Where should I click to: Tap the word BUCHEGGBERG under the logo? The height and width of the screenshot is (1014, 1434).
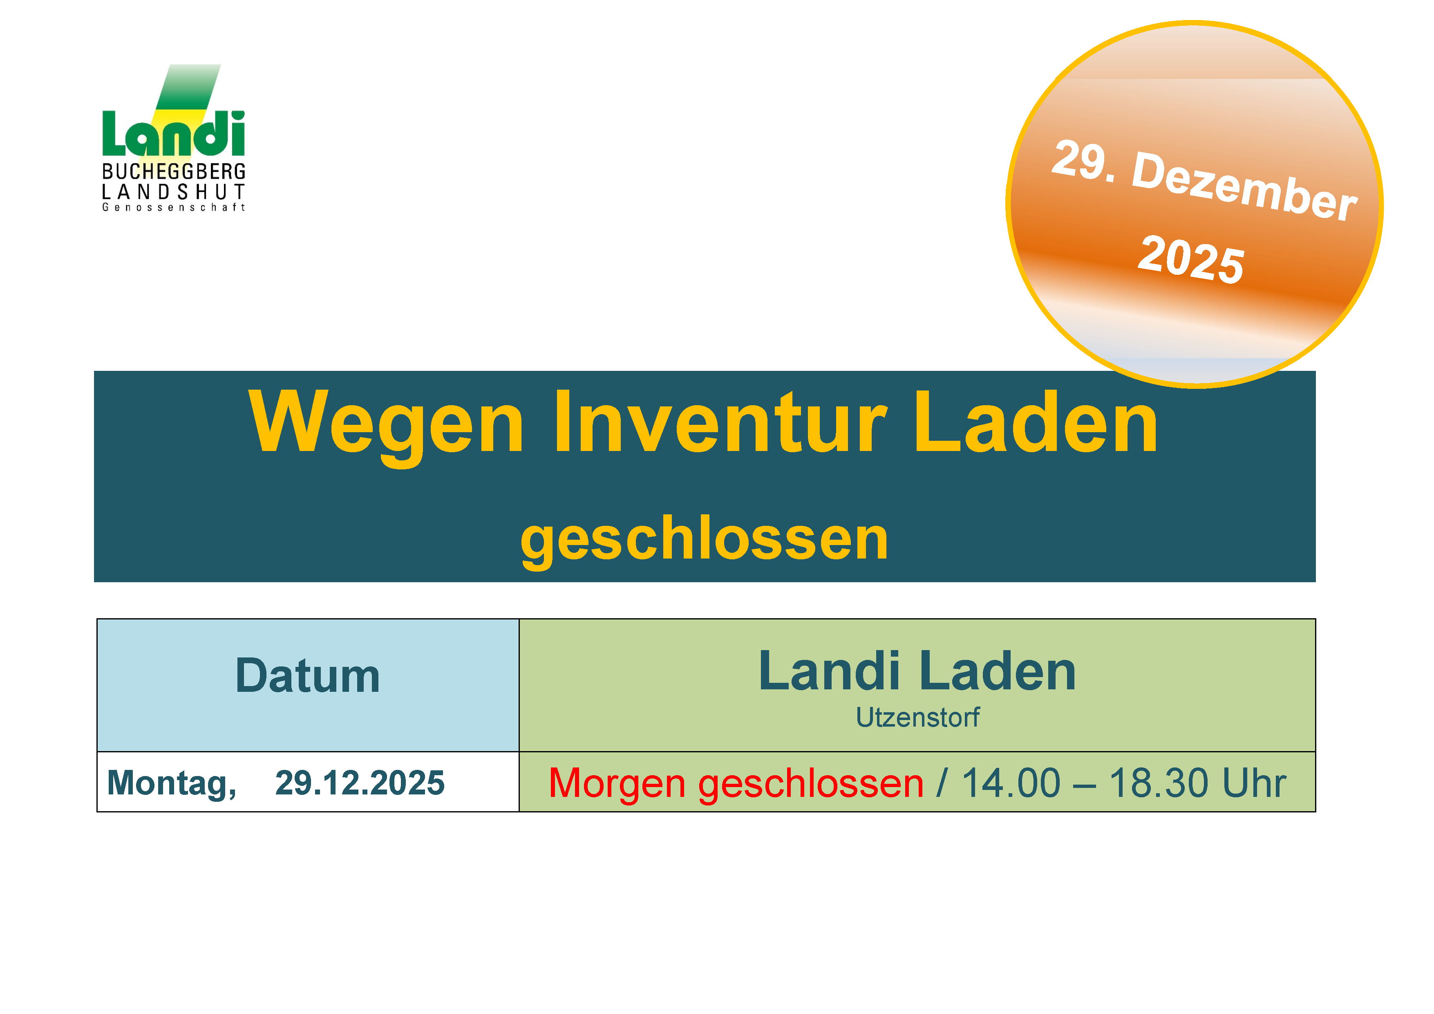coord(174,172)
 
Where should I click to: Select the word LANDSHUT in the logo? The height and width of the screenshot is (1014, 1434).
coord(174,192)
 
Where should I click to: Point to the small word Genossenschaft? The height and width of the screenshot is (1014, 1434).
coord(174,207)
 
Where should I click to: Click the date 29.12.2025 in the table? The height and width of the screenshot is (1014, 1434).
coord(360,783)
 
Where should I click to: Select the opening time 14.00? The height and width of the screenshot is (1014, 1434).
coord(1011,783)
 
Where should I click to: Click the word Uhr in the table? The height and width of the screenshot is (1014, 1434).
coord(1254,783)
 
